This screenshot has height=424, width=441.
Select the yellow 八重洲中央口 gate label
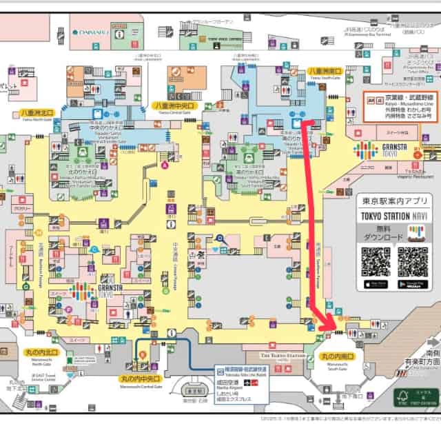[174, 105]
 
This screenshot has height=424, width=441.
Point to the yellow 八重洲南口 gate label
[326, 70]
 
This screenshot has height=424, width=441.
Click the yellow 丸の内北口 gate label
[40, 353]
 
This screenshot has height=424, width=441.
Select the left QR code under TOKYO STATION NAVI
[376, 261]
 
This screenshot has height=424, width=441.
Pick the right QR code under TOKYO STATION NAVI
[412, 261]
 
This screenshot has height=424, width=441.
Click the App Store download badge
[376, 284]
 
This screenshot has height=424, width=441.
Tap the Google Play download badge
[412, 284]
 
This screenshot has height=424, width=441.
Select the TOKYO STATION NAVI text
[393, 216]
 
